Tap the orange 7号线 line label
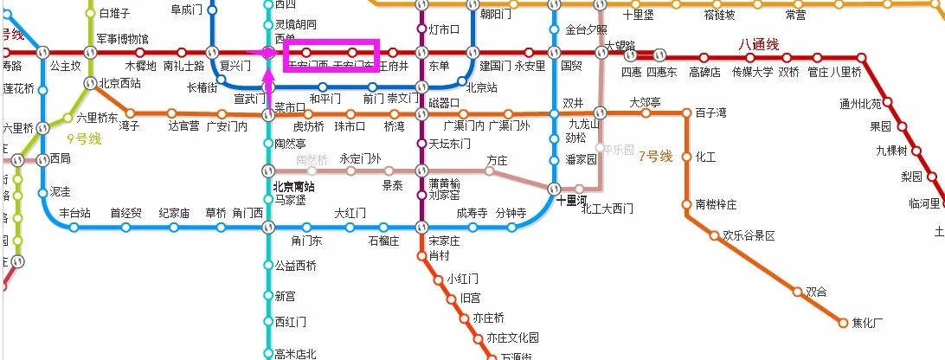[x=655, y=157]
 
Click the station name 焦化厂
[x=867, y=323]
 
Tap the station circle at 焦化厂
[x=843, y=323]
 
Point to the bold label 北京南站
[x=294, y=186]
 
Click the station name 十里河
[x=573, y=199]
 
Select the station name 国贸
[x=571, y=66]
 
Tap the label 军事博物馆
[x=122, y=39]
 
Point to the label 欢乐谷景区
[x=749, y=235]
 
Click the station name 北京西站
[x=119, y=84]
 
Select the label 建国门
[x=496, y=66]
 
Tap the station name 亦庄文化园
[x=512, y=337]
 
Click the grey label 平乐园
[x=620, y=149]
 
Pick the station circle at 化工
[x=687, y=157]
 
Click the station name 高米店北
[x=296, y=353]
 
